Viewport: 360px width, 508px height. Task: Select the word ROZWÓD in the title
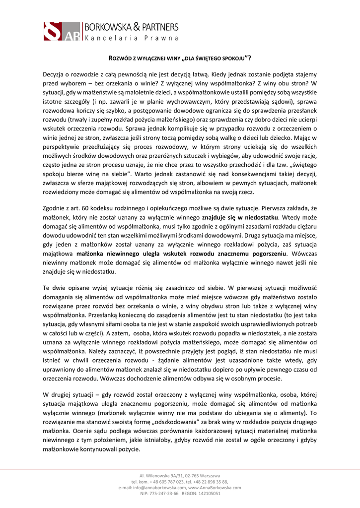[119, 58]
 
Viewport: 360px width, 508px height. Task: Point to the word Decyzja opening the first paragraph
[55, 73]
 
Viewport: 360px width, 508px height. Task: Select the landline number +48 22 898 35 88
[210, 482]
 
